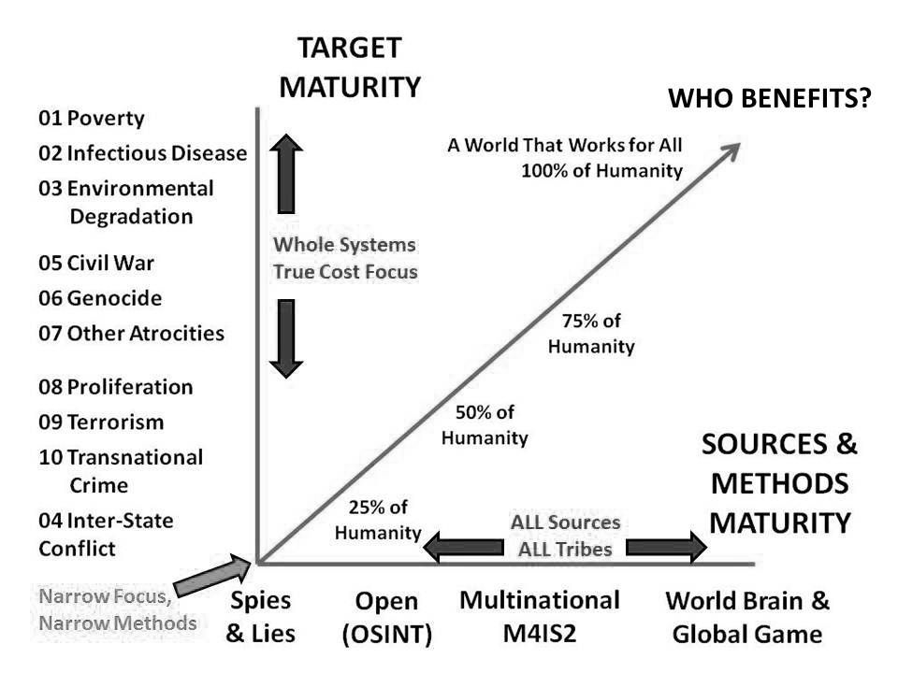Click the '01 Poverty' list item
point(92,118)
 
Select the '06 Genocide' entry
point(100,298)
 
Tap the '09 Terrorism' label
point(101,422)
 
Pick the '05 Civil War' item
point(96,264)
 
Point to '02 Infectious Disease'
point(142,153)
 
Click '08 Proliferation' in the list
point(116,387)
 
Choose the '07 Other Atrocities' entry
point(131,333)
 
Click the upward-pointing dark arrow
point(286,174)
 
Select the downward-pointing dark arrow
point(286,338)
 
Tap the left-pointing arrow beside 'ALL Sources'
point(464,547)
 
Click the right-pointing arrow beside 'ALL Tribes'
point(667,547)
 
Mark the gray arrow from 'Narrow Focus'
point(212,575)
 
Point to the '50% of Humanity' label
point(485,425)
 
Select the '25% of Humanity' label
point(378,520)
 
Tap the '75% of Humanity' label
point(591,334)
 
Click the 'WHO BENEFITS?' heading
point(770,98)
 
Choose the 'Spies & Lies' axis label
point(261,617)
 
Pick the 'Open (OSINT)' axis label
point(387,618)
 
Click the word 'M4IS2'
point(540,634)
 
